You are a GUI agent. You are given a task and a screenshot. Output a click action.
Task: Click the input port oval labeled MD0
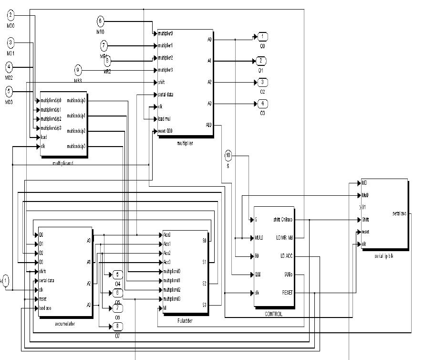[x=10, y=15]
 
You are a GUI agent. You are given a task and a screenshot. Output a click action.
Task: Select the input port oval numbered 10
[x=228, y=155]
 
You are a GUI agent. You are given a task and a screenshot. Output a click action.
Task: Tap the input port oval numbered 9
[x=78, y=70]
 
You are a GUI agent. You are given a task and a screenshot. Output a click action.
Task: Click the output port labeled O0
[x=262, y=37]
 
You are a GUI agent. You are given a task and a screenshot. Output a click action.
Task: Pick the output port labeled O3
[x=262, y=103]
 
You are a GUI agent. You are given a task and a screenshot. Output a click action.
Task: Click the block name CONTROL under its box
[x=273, y=314]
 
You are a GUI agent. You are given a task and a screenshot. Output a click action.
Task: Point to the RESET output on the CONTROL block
[x=287, y=292]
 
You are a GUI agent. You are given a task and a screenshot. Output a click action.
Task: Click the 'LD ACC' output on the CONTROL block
[x=286, y=256]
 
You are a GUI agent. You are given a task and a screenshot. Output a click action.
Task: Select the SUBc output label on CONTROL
[x=287, y=274]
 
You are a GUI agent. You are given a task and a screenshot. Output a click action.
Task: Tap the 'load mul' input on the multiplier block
[x=164, y=118]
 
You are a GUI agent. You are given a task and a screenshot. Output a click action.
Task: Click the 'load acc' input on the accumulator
[x=45, y=308]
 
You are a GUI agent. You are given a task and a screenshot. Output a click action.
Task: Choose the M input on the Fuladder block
[x=165, y=308]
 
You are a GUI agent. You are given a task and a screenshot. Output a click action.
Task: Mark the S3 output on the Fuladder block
[x=204, y=305]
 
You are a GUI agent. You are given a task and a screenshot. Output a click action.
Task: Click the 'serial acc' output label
[x=399, y=213]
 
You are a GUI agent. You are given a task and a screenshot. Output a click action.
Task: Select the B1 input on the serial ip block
[x=365, y=208]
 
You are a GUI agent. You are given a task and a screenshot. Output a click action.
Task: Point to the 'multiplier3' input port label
[x=166, y=70]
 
